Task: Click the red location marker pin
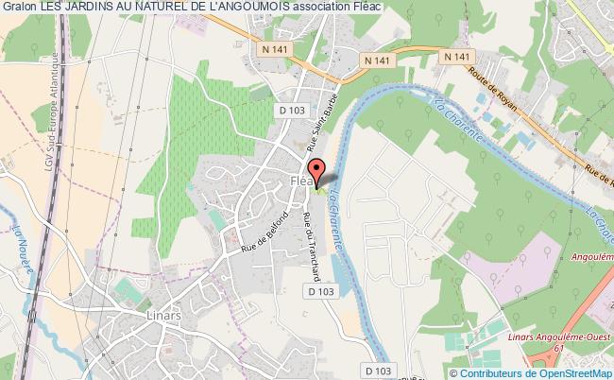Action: click(318, 171)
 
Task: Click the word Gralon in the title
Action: click(20, 9)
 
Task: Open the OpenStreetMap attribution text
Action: click(542, 372)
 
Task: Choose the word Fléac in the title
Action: click(403, 9)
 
